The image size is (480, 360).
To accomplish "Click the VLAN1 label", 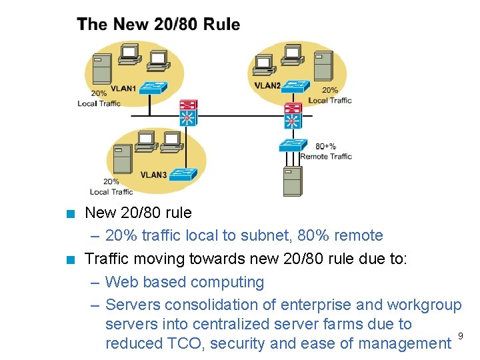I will (123, 88).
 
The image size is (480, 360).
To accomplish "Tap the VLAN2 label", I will (267, 85).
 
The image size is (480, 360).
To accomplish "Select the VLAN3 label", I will (153, 175).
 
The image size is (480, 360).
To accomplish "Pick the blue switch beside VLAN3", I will (183, 174).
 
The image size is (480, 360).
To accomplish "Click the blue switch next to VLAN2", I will (295, 86).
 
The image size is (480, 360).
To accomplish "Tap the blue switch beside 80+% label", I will (293, 145).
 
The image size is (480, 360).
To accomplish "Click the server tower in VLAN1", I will (102, 67).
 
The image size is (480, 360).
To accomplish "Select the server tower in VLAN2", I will (323, 65).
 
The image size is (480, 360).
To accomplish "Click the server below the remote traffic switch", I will (292, 181).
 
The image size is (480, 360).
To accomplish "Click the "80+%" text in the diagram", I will (325, 146).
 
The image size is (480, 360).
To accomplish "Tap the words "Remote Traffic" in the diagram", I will (326, 157).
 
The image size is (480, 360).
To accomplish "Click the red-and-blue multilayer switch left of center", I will (189, 113).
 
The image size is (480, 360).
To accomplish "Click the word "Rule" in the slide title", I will (221, 25).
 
